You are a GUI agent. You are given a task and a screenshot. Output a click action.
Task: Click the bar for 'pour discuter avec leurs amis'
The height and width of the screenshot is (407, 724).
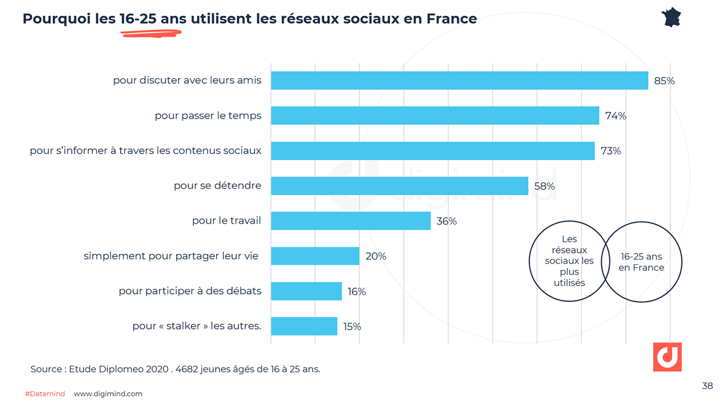coord(459,80)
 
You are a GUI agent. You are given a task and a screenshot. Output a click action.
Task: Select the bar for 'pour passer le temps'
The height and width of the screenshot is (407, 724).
coord(435,116)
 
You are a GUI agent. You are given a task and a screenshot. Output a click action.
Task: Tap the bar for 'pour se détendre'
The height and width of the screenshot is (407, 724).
coord(399,186)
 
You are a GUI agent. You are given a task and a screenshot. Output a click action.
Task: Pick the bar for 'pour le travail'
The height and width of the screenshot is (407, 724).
coord(350,221)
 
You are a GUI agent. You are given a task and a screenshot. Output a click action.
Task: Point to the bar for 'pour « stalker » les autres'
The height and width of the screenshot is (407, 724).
coord(304,326)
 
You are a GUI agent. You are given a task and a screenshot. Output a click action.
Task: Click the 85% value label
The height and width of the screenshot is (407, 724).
coord(664,81)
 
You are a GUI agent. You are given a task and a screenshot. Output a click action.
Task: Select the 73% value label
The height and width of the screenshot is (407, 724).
coord(611,151)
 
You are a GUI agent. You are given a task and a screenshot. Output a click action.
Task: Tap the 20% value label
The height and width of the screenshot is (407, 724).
coord(375,256)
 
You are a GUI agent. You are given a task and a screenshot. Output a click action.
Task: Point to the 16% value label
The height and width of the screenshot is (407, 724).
coord(356,291)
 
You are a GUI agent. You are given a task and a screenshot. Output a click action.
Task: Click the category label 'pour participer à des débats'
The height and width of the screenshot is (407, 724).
coord(190,291)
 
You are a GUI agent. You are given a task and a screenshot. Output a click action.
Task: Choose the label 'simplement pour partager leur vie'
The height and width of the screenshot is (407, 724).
coord(171,256)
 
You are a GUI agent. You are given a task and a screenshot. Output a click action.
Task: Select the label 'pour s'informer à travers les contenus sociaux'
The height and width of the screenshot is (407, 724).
coord(145,151)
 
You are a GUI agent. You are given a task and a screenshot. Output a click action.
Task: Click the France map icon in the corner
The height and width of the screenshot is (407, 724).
coord(671,17)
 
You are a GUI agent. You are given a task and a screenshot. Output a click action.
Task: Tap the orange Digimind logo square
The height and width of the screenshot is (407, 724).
coord(667,357)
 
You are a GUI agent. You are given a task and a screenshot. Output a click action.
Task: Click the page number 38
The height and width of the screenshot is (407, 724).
coord(707,386)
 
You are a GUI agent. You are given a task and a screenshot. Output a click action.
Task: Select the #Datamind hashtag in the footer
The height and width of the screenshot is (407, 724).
coord(45,394)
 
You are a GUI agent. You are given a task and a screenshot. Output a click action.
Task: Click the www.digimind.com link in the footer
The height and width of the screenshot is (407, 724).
coord(108,394)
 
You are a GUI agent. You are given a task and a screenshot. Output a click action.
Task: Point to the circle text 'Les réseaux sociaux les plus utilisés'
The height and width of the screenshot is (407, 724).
coord(569,261)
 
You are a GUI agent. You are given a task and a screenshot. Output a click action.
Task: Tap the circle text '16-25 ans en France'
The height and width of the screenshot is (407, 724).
coord(641,262)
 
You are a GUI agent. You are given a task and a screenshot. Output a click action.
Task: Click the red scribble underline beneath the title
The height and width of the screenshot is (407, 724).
coord(151,33)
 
